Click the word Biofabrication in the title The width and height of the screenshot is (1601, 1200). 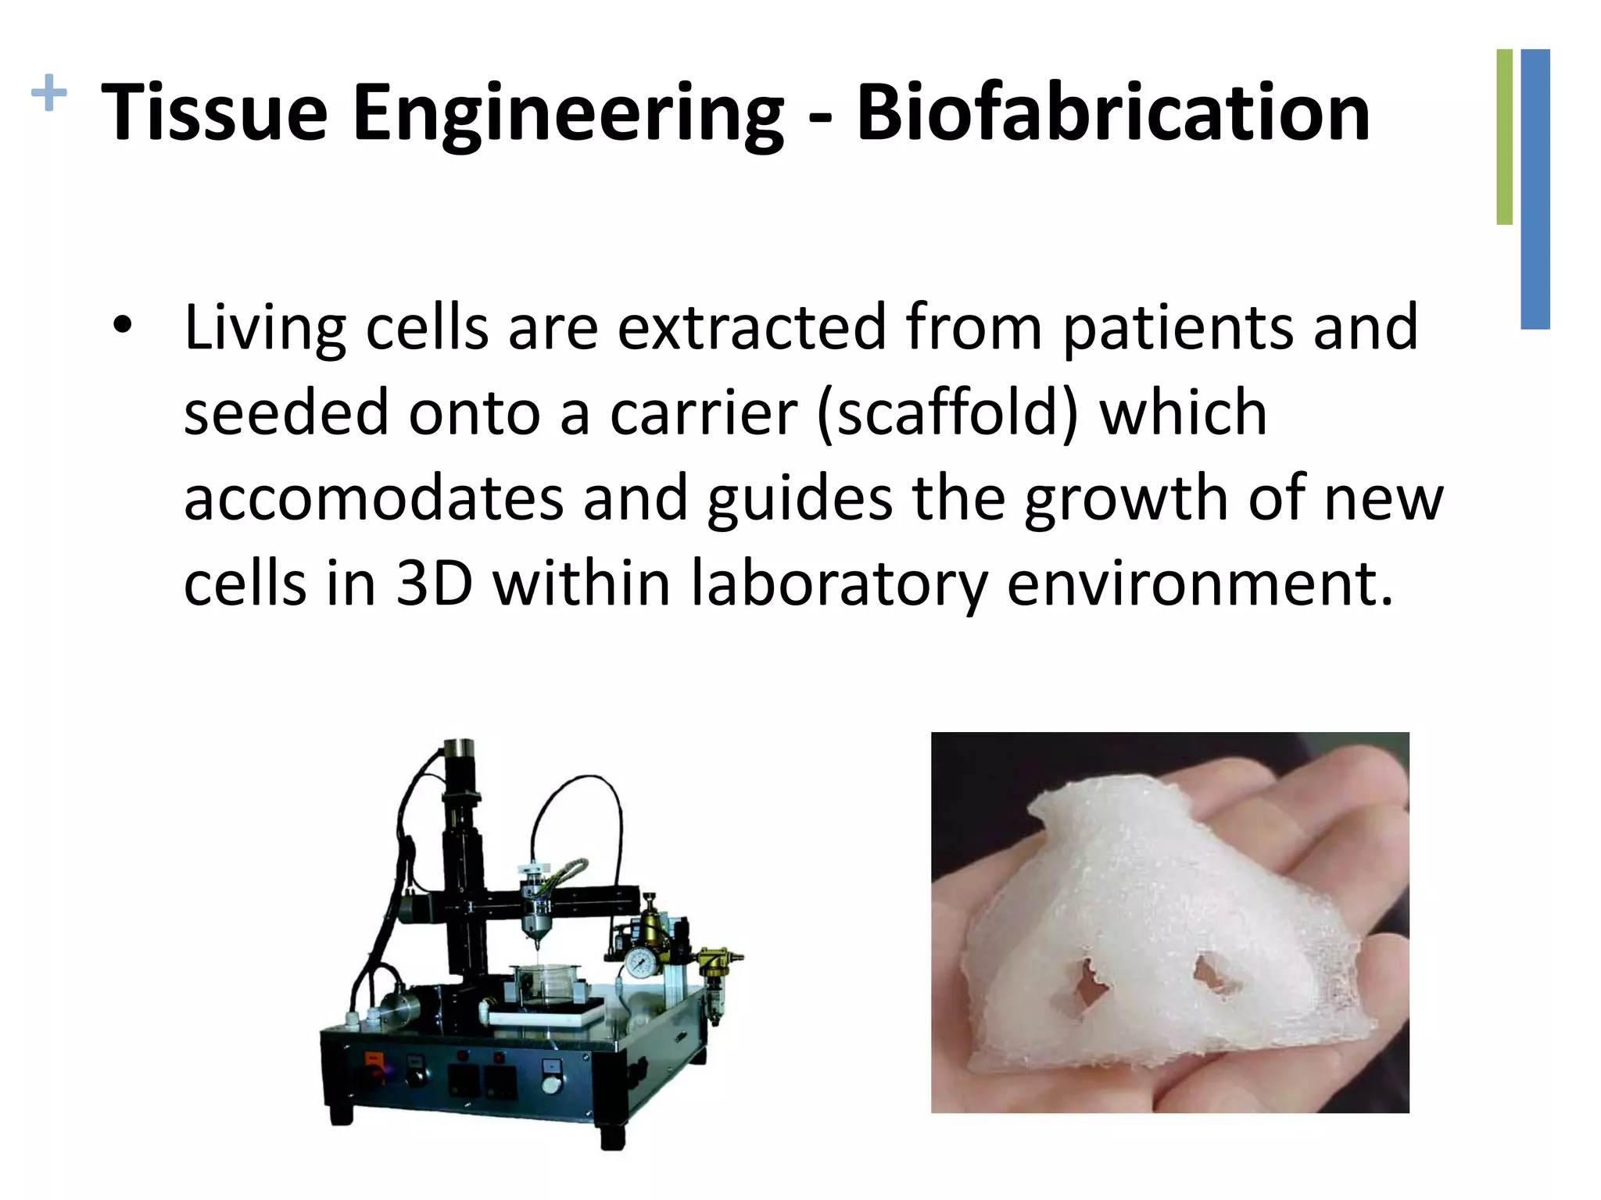[1113, 113]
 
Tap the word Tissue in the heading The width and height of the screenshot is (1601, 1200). [214, 113]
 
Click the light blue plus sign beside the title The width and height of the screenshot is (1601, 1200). [48, 94]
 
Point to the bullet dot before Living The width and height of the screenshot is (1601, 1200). [122, 326]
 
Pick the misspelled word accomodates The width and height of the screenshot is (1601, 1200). [374, 498]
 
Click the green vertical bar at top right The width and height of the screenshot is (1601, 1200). [1504, 137]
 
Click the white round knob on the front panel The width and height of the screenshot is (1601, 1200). [552, 1084]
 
